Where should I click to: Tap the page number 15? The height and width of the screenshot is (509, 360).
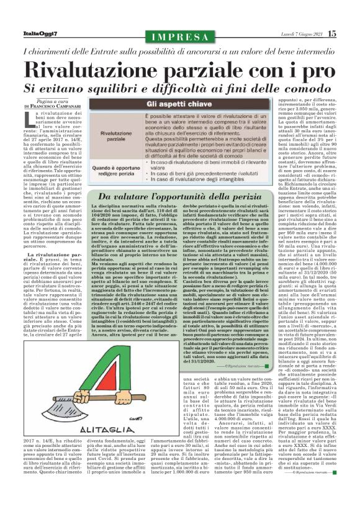click(349, 34)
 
